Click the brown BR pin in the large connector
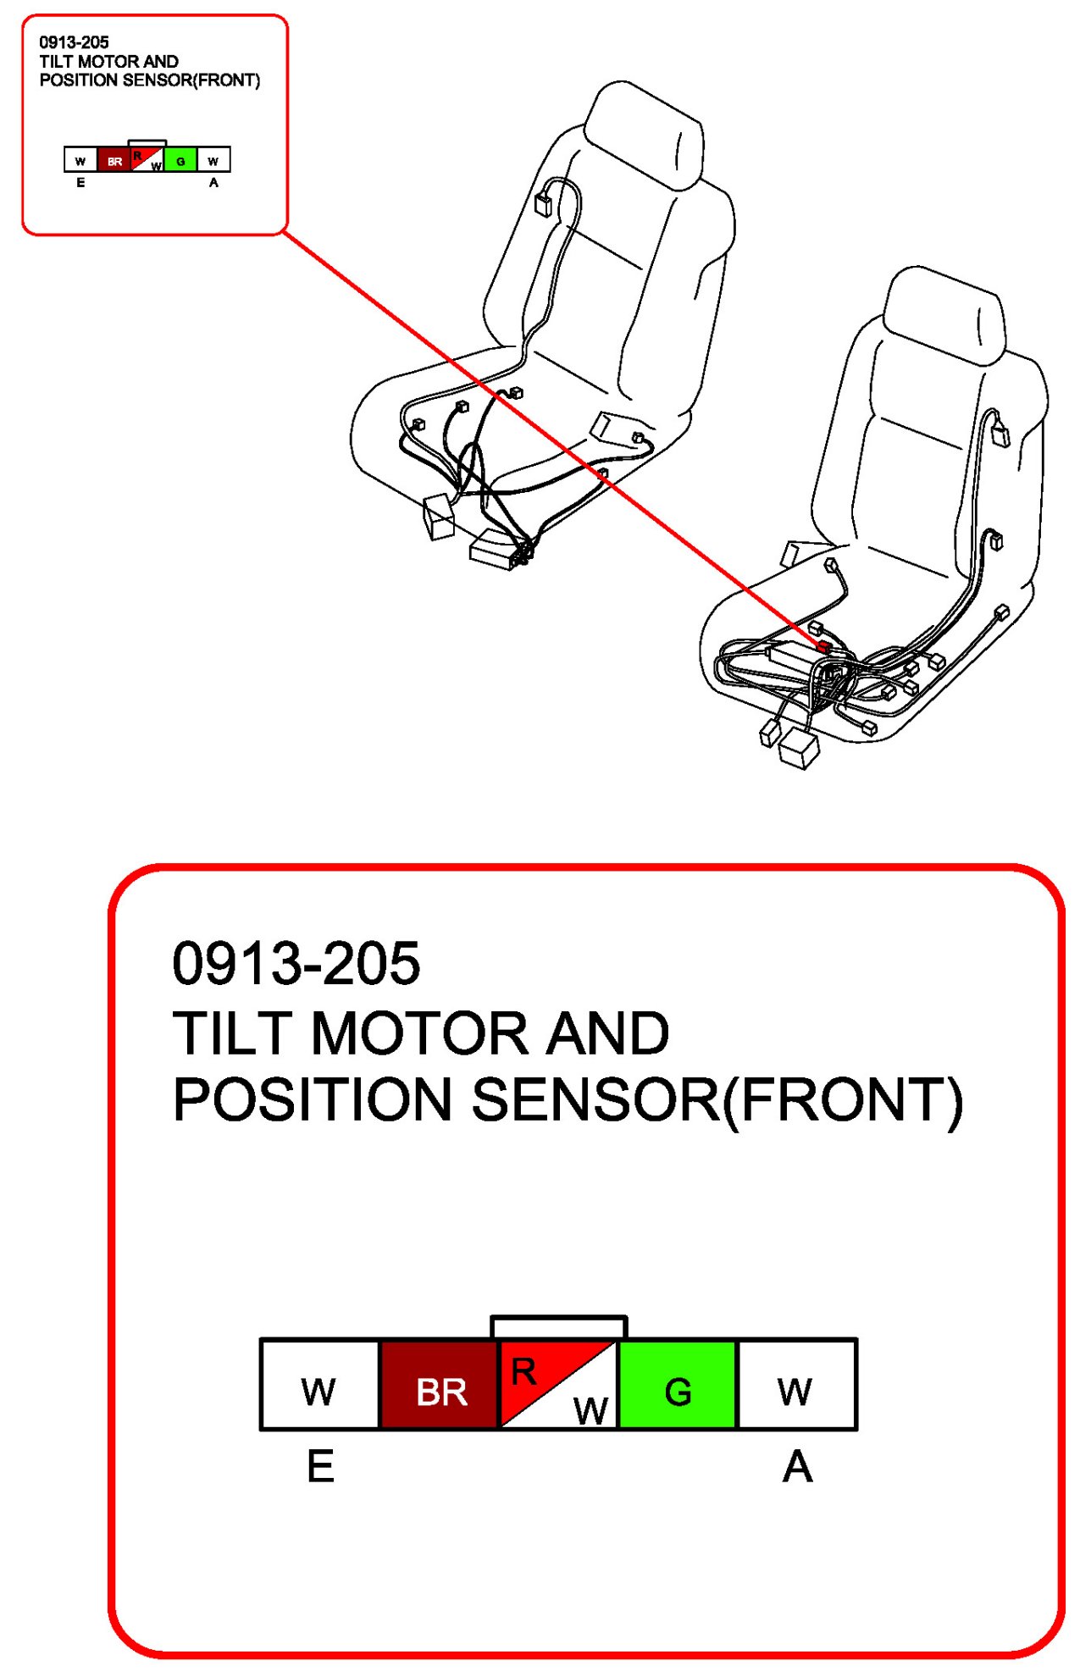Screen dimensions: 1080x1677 [439, 1385]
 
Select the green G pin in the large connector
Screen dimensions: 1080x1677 [678, 1385]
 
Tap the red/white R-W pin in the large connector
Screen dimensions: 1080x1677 [558, 1385]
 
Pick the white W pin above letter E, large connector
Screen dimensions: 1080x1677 [319, 1385]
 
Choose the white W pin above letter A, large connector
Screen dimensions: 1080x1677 [797, 1385]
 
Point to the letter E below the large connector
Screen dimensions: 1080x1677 [320, 1466]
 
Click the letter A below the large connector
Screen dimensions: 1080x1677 [797, 1466]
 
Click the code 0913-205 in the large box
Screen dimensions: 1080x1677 [296, 963]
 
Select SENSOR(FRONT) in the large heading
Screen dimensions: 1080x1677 [717, 1100]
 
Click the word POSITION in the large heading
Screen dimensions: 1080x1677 [313, 1099]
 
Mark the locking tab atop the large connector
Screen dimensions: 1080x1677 [558, 1326]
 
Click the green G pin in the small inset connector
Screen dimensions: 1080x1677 [180, 159]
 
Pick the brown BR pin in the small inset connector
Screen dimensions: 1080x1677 [114, 159]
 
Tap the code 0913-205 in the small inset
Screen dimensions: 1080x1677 [75, 42]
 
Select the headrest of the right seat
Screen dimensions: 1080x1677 [944, 315]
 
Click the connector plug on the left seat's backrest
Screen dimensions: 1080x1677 [543, 204]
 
